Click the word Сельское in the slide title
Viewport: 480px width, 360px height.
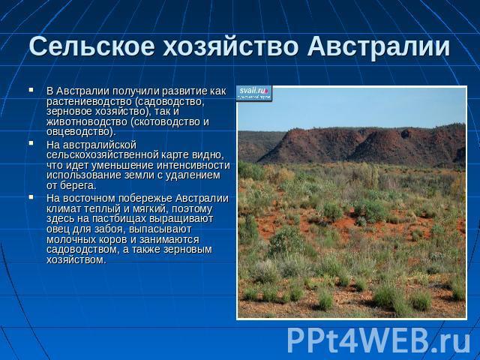coord(91,46)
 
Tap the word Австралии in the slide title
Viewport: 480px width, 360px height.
coord(379,46)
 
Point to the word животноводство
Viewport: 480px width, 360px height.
coord(87,121)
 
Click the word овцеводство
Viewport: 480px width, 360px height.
coord(79,132)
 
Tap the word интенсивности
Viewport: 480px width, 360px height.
coord(193,165)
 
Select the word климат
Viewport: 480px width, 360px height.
coord(62,208)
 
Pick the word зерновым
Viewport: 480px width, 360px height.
coord(188,250)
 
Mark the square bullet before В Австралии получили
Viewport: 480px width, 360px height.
coord(31,90)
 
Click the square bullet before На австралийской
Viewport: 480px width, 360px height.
coord(31,143)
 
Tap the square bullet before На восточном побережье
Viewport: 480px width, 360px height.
coord(31,197)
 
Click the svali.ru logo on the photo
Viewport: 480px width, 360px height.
coord(254,93)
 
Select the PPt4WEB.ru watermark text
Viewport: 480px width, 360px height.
coord(378,340)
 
